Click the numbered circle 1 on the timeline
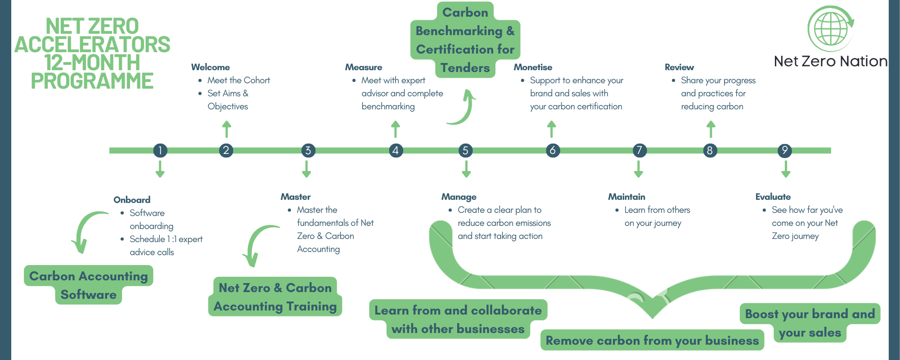pyautogui.click(x=160, y=150)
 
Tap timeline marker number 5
pyautogui.click(x=465, y=150)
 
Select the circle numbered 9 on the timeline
pyautogui.click(x=785, y=150)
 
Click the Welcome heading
pyautogui.click(x=210, y=67)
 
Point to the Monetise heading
pyautogui.click(x=533, y=67)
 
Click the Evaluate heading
pyautogui.click(x=773, y=197)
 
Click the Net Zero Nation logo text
pyautogui.click(x=830, y=61)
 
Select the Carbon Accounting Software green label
pyautogui.click(x=89, y=285)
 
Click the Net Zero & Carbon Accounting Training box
pyautogui.click(x=275, y=297)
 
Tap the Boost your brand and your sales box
pyautogui.click(x=810, y=323)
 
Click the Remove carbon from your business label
pyautogui.click(x=652, y=340)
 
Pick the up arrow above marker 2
pyautogui.click(x=227, y=129)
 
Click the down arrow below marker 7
pyautogui.click(x=638, y=169)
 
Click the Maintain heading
pyautogui.click(x=626, y=197)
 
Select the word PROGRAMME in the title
pyautogui.click(x=92, y=81)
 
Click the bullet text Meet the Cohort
pyautogui.click(x=238, y=80)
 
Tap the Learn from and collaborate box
pyautogui.click(x=458, y=319)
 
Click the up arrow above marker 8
pyautogui.click(x=711, y=129)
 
